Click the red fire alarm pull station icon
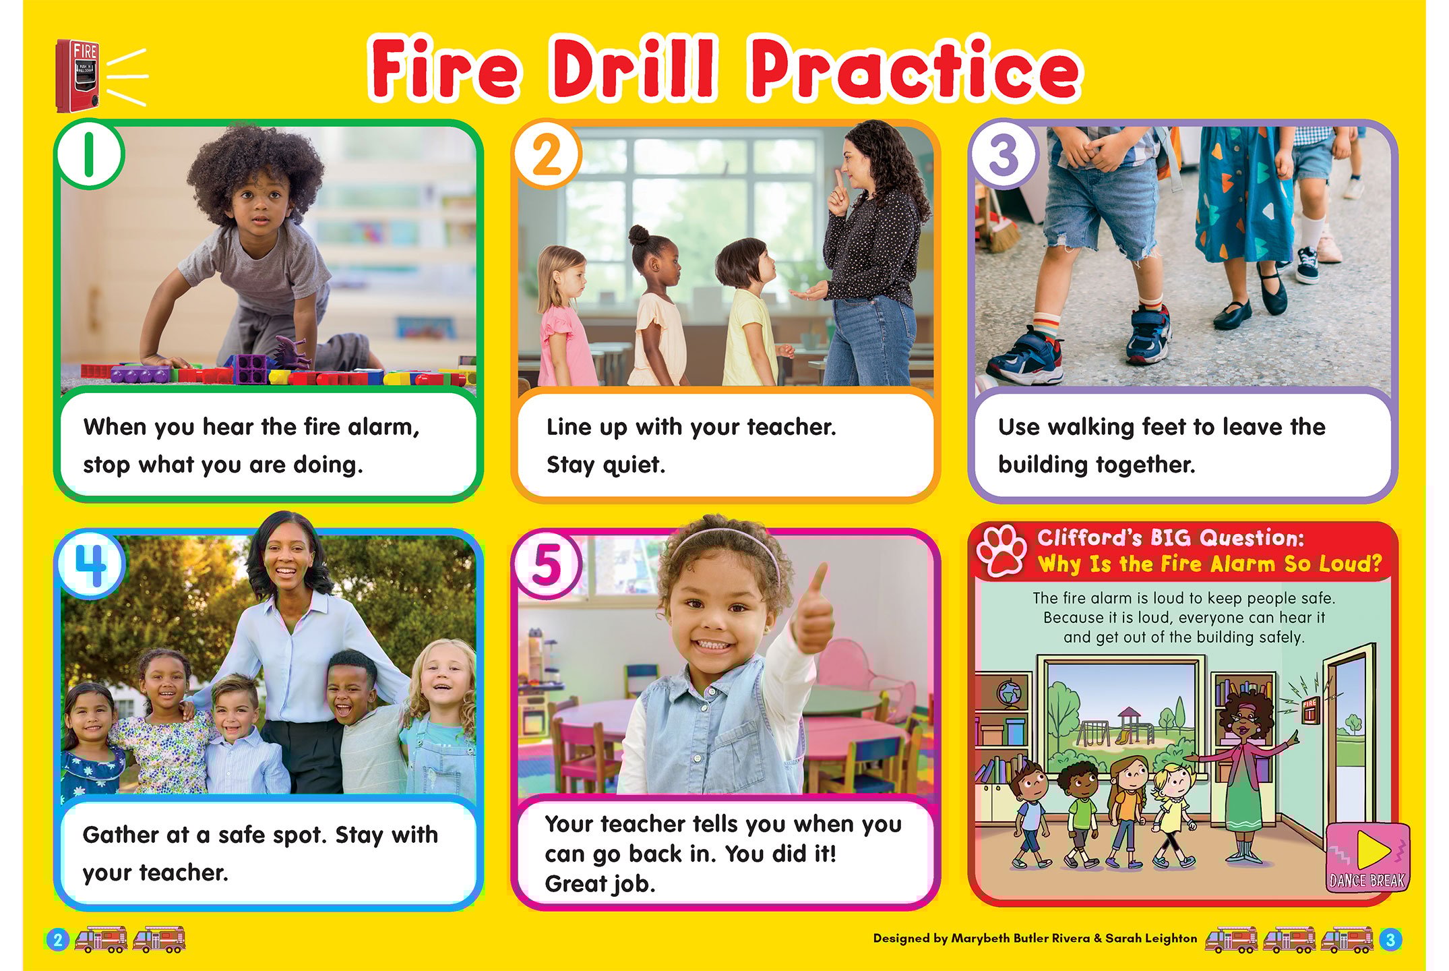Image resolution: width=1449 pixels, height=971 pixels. (78, 76)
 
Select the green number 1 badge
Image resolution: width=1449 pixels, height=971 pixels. (89, 154)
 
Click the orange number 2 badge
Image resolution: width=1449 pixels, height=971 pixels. (547, 154)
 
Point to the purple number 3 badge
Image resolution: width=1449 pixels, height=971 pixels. (1004, 154)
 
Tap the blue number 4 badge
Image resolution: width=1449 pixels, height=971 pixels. (90, 564)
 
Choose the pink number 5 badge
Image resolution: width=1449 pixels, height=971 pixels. (547, 564)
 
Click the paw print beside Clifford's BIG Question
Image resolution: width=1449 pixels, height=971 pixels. (1002, 550)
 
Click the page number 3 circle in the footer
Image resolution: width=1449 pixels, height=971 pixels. (1390, 939)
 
